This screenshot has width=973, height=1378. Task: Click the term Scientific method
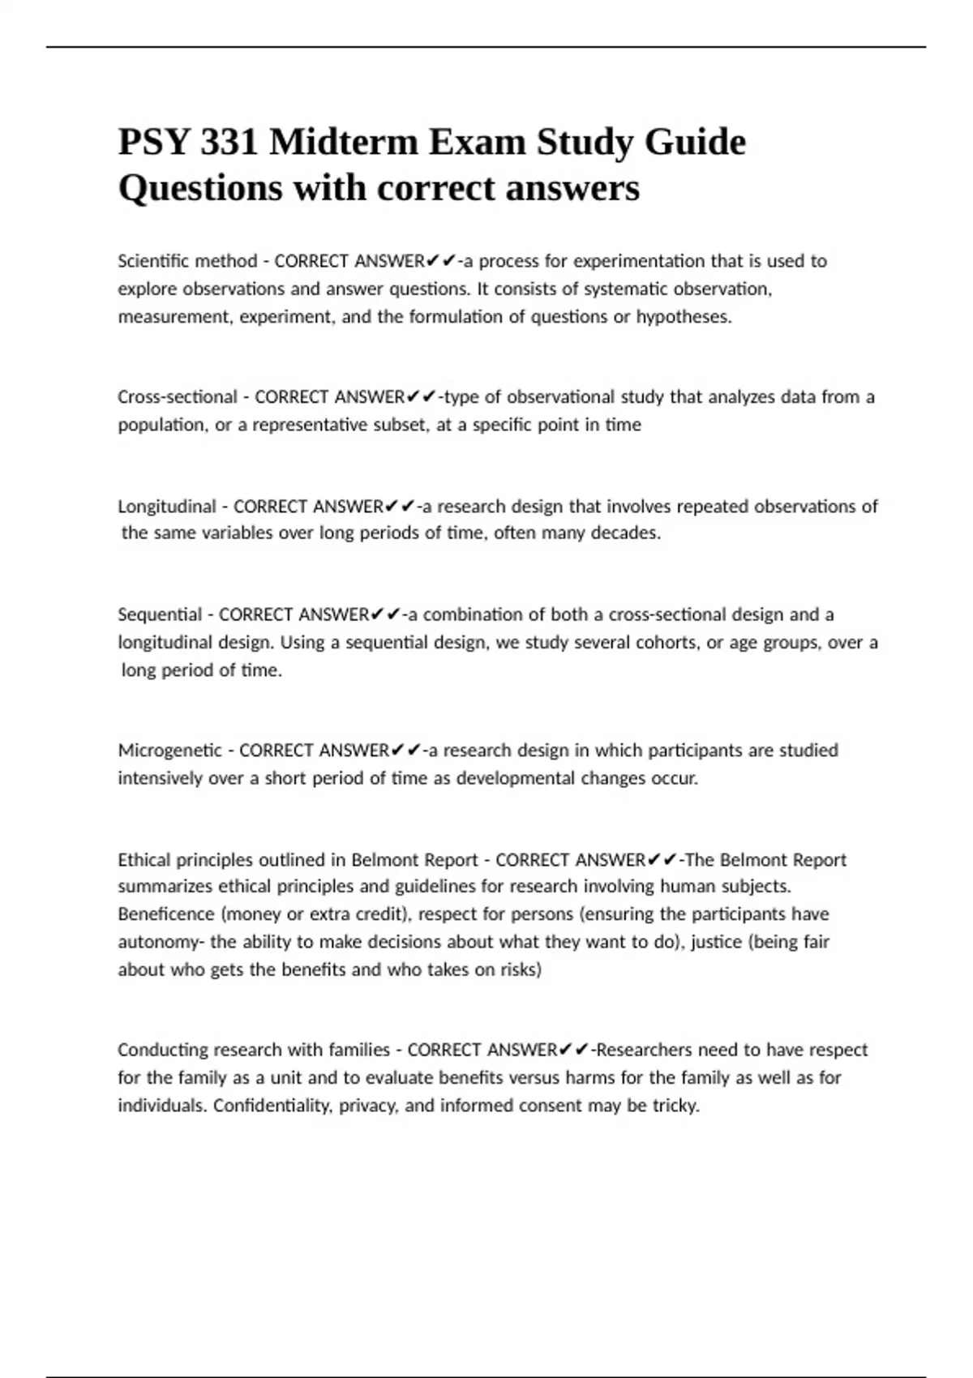coord(187,261)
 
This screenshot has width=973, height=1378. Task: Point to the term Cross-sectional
coord(178,397)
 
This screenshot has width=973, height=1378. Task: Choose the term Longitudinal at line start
coord(167,507)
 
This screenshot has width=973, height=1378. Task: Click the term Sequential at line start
coord(160,614)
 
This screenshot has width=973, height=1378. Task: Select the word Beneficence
coord(166,914)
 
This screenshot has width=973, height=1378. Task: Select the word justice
coord(716,942)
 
